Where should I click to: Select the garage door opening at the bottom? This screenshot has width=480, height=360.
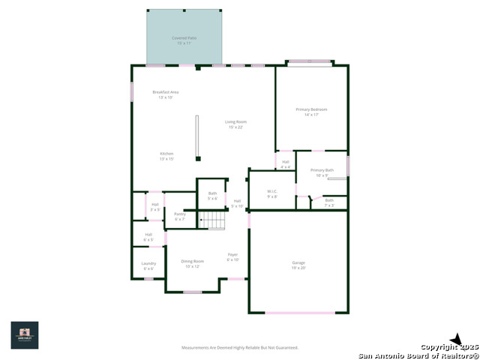299,312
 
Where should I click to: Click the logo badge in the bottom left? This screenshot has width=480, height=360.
24,335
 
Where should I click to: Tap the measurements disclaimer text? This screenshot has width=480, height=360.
240,347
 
